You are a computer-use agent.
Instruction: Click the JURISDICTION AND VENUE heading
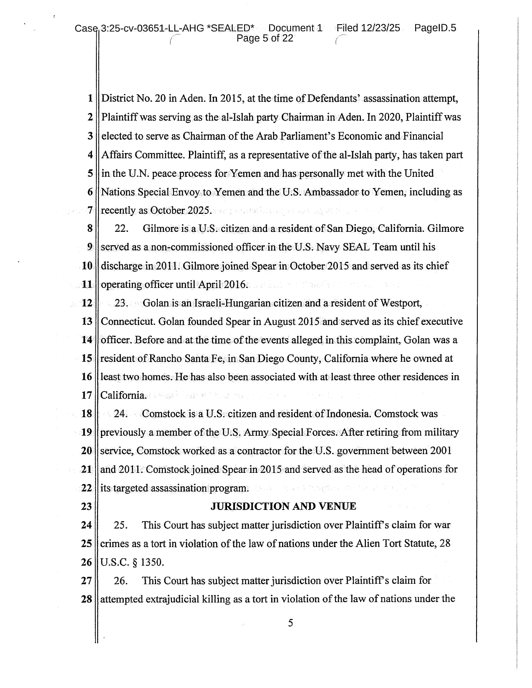283,507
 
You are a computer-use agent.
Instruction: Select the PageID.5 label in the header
435,28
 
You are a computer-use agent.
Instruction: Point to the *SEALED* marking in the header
230,28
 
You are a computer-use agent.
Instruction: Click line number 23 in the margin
86,507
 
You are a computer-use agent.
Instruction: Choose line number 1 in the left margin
90,99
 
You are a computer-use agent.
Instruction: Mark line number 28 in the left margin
86,600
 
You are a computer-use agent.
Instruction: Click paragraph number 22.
121,229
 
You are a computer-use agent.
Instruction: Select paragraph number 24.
121,414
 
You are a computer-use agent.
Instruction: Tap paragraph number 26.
121,581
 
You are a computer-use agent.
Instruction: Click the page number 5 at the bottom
290,623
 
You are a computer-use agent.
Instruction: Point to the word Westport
401,303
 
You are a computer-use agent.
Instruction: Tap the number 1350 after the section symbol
152,562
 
